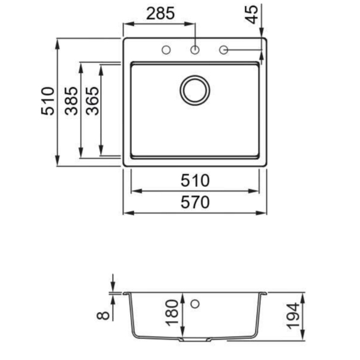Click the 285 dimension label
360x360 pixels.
[160, 14]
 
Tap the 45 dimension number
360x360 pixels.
[252, 14]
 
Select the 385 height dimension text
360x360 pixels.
[71, 101]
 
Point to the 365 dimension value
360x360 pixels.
[92, 101]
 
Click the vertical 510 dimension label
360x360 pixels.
[48, 101]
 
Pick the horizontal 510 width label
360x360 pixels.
[195, 181]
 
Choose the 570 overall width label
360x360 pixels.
[195, 202]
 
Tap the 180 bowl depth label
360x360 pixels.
[172, 313]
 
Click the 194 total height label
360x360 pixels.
[293, 316]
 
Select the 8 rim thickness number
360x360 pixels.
[103, 316]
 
